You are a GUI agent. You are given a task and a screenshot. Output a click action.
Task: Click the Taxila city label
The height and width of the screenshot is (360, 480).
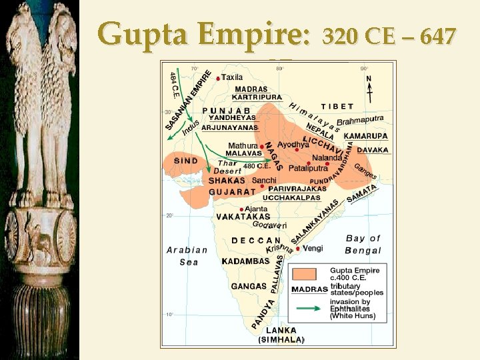pyautogui.click(x=232, y=77)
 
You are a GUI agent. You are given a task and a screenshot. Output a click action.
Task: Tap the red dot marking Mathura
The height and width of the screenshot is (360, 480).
pyautogui.click(x=261, y=146)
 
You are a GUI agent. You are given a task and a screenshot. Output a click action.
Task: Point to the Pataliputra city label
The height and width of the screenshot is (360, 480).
pyautogui.click(x=307, y=169)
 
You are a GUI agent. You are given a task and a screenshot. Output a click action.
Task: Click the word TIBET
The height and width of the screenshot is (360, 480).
pyautogui.click(x=337, y=106)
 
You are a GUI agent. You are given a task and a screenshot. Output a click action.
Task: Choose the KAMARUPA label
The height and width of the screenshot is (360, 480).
pyautogui.click(x=365, y=135)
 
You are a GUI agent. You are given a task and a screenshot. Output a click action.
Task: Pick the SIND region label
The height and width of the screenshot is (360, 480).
pyautogui.click(x=185, y=161)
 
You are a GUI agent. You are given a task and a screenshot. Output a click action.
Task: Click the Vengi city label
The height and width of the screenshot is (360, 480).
pyautogui.click(x=313, y=248)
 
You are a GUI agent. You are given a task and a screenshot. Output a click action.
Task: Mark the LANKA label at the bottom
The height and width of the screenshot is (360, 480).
pyautogui.click(x=281, y=330)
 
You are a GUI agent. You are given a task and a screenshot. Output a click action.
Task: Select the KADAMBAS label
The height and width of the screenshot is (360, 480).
pyautogui.click(x=246, y=261)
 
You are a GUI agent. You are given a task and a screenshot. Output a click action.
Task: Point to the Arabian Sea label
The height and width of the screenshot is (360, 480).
pyautogui.click(x=187, y=256)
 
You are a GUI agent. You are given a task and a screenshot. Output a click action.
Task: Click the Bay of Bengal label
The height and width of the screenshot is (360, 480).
pyautogui.click(x=363, y=244)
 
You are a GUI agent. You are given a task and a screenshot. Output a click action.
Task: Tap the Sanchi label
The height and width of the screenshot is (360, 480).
pyautogui.click(x=265, y=180)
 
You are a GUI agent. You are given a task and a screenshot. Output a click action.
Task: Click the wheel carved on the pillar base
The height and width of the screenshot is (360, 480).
pyautogui.click(x=66, y=234)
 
